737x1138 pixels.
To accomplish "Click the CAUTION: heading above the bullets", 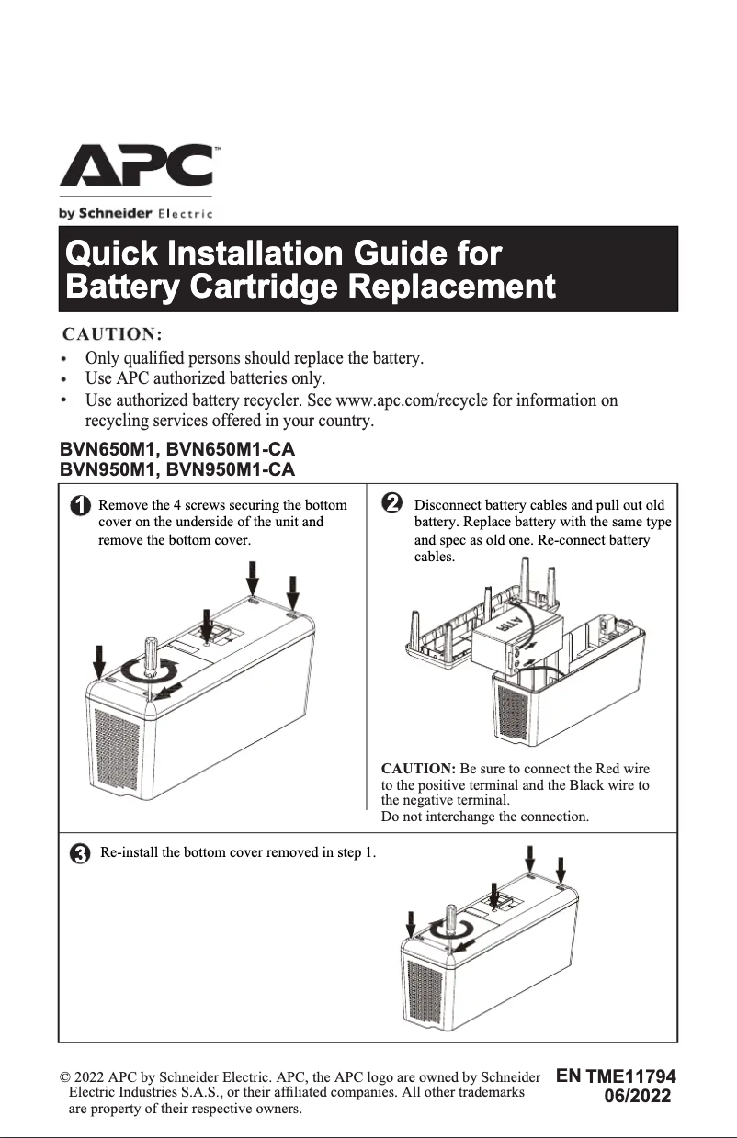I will tap(111, 332).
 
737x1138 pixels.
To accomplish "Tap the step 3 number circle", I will tap(81, 854).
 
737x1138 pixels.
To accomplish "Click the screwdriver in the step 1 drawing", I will tap(150, 661).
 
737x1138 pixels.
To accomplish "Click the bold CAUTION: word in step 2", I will tap(418, 768).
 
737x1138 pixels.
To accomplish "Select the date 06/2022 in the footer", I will tap(637, 1097).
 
